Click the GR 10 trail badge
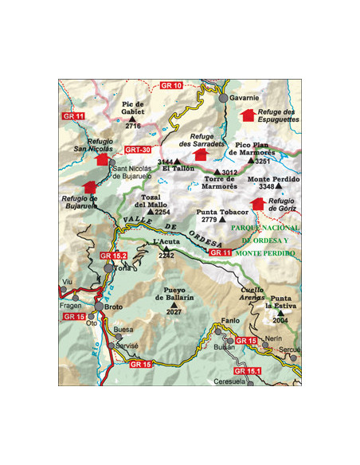click(171, 84)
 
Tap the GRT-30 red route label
click(139, 150)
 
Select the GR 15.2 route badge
click(114, 256)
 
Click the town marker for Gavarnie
click(224, 98)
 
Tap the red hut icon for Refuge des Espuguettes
click(248, 115)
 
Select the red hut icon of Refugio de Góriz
click(256, 204)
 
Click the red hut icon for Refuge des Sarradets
click(200, 152)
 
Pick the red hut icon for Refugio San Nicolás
click(101, 158)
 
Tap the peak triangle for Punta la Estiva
click(280, 312)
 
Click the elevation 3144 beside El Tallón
click(166, 162)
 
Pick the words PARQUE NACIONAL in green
click(263, 227)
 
